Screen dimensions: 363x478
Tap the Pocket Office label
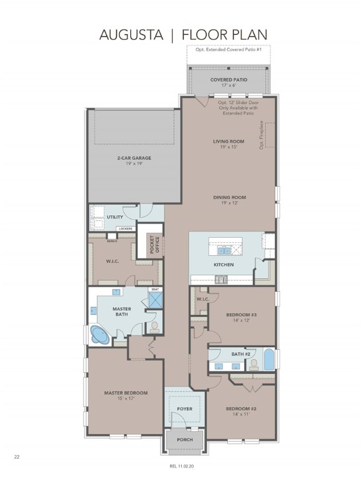point(154,245)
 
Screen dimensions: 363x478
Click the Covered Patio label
point(229,80)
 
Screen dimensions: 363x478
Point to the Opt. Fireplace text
point(262,135)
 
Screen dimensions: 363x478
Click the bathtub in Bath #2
point(269,359)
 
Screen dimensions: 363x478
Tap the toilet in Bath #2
point(253,365)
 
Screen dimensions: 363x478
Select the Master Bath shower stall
point(155,299)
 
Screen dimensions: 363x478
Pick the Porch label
point(185,439)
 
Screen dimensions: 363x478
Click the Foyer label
point(184,409)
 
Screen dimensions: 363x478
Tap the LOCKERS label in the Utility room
point(126,228)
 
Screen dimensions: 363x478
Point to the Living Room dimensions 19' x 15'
point(229,147)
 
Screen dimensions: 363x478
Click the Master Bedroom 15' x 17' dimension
point(126,398)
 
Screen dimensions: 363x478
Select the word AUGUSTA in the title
point(131,35)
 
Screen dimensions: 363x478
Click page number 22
point(17,457)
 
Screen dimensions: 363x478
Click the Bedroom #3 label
point(242,314)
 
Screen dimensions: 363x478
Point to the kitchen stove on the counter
point(221,279)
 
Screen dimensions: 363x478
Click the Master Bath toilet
point(154,327)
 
